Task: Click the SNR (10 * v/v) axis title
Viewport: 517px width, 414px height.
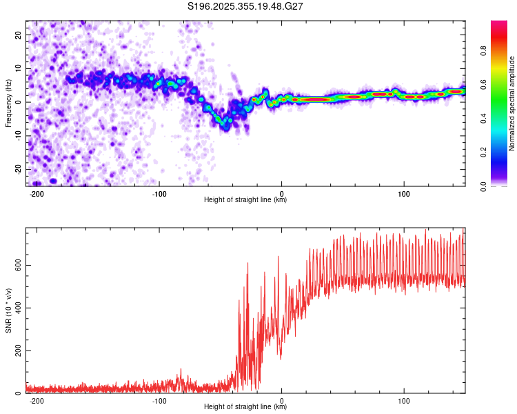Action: pos(9,310)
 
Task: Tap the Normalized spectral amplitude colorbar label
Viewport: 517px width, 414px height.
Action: pos(511,103)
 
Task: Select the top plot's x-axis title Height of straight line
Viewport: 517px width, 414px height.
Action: pos(245,200)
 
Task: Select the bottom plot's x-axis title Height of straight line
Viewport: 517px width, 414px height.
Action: pos(245,407)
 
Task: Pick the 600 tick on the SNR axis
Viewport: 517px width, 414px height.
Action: pos(17,265)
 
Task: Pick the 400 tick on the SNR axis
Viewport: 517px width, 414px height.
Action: pos(17,308)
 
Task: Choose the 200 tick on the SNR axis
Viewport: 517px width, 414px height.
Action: pos(17,351)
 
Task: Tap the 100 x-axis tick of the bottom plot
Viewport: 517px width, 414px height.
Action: pos(404,400)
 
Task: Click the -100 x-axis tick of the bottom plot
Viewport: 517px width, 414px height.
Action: pos(159,400)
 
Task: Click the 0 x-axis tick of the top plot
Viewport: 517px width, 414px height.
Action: pos(282,193)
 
